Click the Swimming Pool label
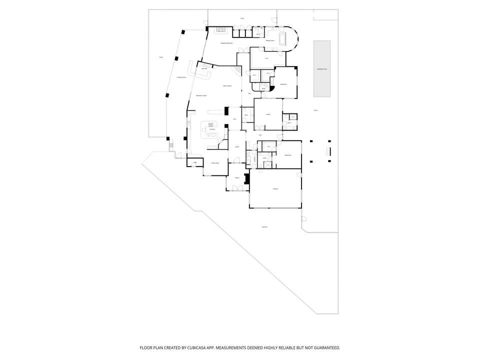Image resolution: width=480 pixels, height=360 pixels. (x=321, y=69)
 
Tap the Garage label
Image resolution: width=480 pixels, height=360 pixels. (x=275, y=189)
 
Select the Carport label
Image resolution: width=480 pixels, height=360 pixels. (x=264, y=227)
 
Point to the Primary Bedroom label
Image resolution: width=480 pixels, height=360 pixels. (x=226, y=43)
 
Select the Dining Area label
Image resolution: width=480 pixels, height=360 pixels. (x=214, y=163)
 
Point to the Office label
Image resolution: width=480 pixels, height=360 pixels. (x=268, y=114)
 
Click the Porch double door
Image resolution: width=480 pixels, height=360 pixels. (x=237, y=188)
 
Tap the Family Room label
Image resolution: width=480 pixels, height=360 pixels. (x=226, y=86)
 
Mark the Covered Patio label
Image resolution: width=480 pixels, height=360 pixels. (x=181, y=77)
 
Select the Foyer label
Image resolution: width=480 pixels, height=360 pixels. (x=237, y=147)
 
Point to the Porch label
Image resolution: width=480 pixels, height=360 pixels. (x=237, y=177)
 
